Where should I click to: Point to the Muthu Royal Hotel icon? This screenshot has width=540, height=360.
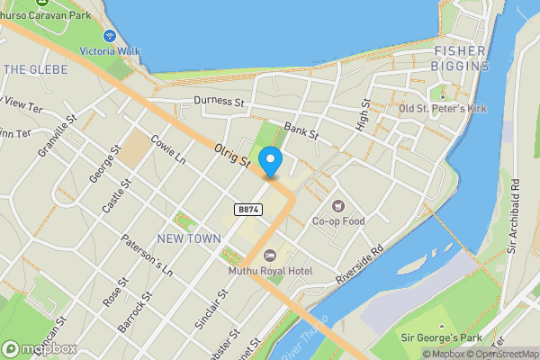tap(268, 256)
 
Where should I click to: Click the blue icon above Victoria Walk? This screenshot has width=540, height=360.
tap(109, 36)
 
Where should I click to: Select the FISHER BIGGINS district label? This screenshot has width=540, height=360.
tap(461, 58)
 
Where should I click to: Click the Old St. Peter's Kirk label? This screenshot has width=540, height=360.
tap(442, 109)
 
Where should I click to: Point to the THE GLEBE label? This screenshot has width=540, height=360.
tap(31, 68)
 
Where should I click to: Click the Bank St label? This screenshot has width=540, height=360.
tap(301, 131)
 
